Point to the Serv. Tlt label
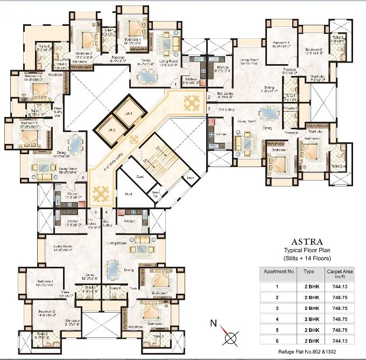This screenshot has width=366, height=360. [156, 193]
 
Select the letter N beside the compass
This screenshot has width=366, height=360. [213, 323]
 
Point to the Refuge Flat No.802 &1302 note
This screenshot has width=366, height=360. [307, 351]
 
